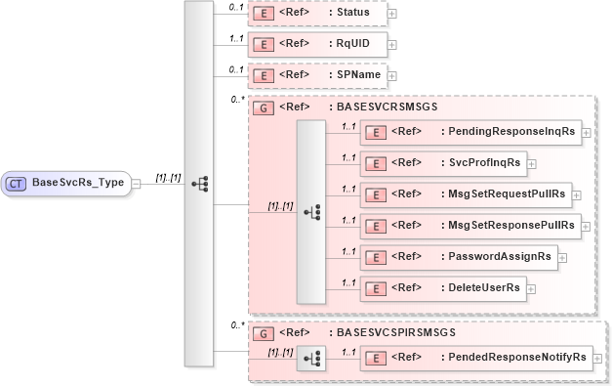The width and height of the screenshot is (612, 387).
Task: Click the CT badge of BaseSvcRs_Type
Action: (x=18, y=182)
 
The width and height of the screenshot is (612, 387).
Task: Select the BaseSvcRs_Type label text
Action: (x=78, y=182)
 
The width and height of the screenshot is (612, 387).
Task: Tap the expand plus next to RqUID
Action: (x=391, y=44)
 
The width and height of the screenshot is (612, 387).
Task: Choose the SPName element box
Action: (x=317, y=74)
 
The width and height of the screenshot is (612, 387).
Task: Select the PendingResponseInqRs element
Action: (x=470, y=131)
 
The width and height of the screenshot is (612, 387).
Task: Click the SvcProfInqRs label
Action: (x=482, y=162)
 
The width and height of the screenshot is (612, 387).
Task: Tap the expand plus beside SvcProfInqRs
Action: (x=531, y=163)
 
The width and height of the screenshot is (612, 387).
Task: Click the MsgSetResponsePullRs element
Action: (x=470, y=225)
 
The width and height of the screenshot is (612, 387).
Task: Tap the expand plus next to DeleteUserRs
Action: (x=533, y=288)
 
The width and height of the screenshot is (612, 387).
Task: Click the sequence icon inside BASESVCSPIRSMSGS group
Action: (x=312, y=359)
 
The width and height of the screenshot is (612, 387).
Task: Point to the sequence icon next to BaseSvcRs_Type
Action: (x=198, y=183)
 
